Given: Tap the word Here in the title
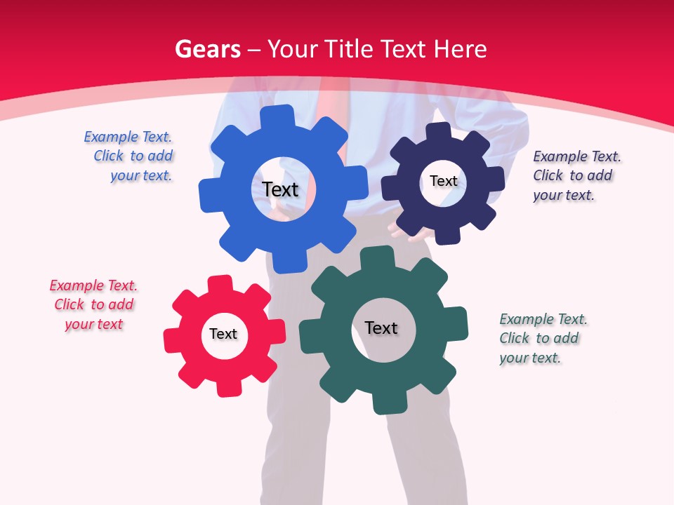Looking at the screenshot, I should [x=460, y=49].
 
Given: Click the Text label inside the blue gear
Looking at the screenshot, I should [x=280, y=189].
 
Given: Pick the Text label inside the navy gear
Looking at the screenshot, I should [x=443, y=181].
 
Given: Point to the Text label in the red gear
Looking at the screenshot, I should [x=223, y=334].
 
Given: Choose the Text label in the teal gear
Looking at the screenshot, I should [x=381, y=328].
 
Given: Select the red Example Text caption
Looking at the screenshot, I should [x=93, y=304].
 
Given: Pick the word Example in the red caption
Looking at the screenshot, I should [x=75, y=285].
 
